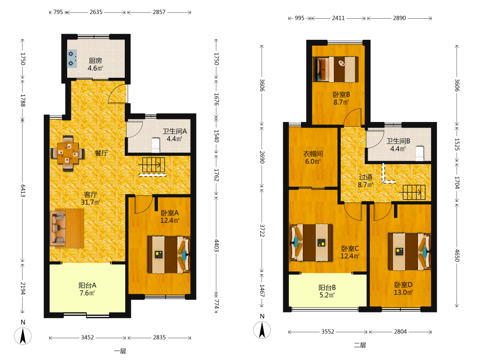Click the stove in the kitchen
(x=72, y=59)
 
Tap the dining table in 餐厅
(x=68, y=153)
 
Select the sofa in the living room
(x=58, y=228)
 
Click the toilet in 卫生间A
(x=156, y=145)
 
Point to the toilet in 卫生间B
(x=420, y=154)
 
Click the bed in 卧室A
(x=168, y=254)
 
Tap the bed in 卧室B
(x=336, y=69)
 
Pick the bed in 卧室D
(x=409, y=252)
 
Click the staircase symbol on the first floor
(x=153, y=166)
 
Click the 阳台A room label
(x=87, y=289)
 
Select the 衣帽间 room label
(x=313, y=157)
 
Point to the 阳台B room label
(x=327, y=291)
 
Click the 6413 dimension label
(x=23, y=191)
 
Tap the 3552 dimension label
(x=327, y=332)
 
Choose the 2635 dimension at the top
(x=96, y=12)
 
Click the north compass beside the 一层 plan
(x=23, y=336)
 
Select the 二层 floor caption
(x=360, y=345)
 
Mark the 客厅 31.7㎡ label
(x=91, y=198)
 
